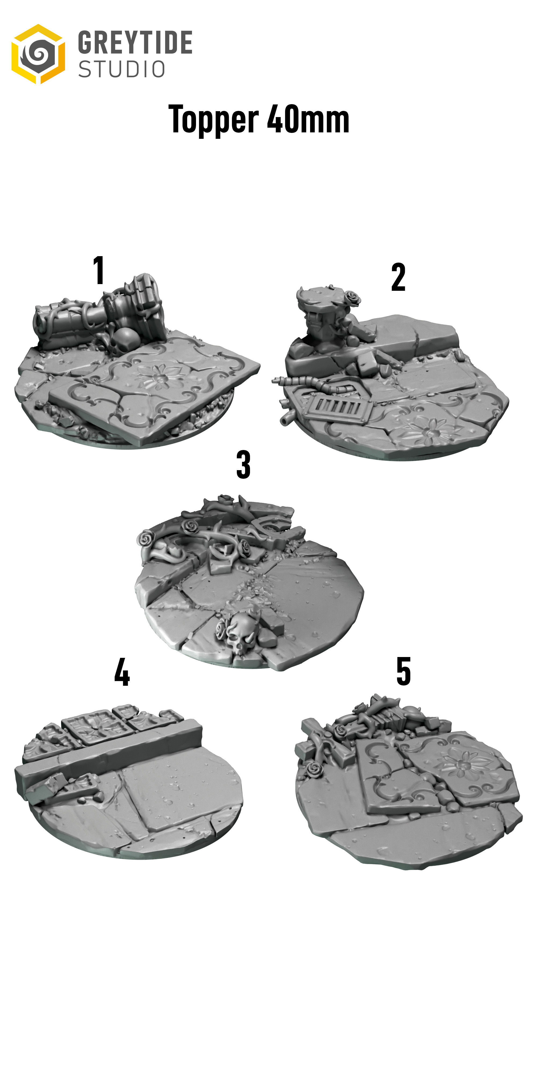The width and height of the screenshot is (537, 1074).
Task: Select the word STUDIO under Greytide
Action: click(x=122, y=69)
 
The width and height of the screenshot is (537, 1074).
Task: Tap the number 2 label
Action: click(x=398, y=277)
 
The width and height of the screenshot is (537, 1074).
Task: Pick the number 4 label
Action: click(x=122, y=672)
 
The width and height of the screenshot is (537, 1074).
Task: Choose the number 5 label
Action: click(x=404, y=671)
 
